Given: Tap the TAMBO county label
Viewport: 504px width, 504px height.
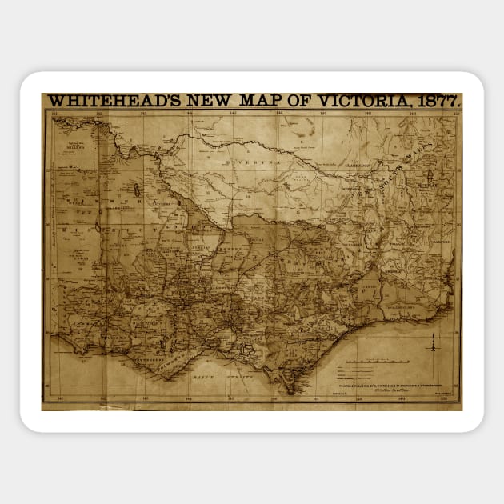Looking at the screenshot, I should [x=369, y=286].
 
